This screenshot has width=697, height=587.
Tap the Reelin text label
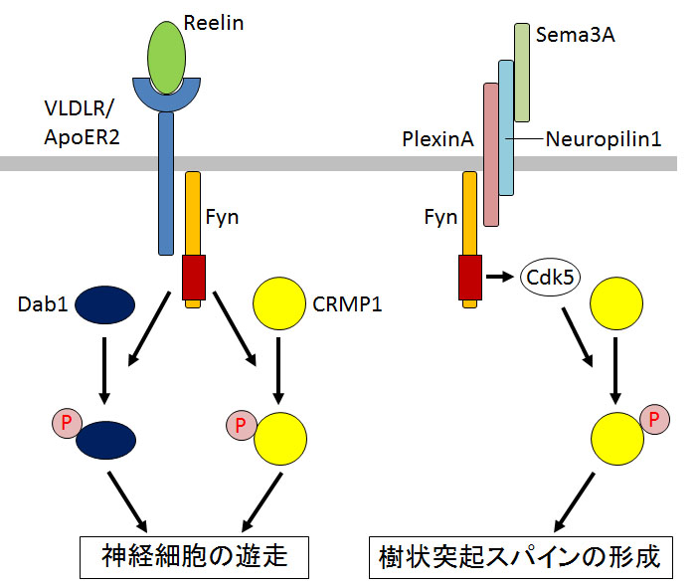click(216, 21)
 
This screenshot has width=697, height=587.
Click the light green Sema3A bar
click(522, 72)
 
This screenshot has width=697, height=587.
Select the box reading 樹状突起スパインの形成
click(521, 555)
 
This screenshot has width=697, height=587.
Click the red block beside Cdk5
click(470, 278)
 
